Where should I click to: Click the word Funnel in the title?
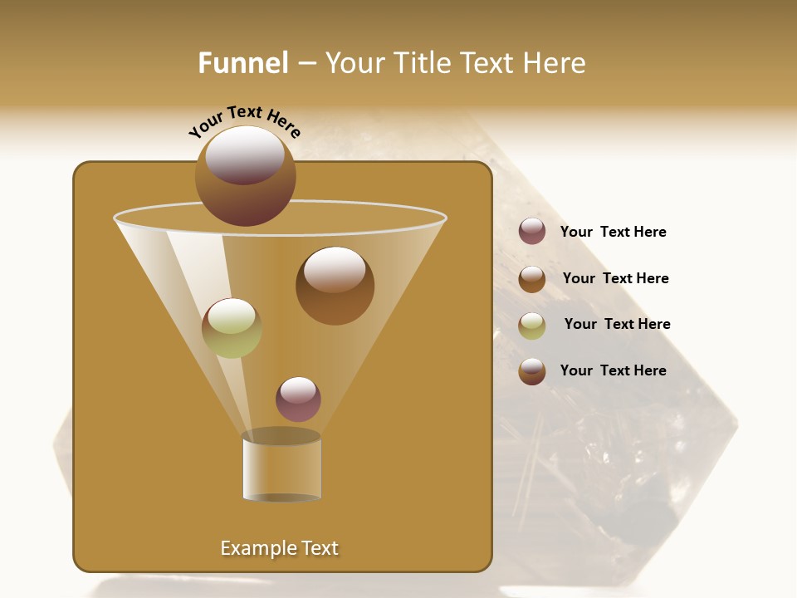tap(242, 63)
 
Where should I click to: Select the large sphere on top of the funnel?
tap(246, 175)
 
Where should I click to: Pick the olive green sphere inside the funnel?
tap(232, 328)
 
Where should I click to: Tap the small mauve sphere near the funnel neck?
tap(298, 399)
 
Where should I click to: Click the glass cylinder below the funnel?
tap(281, 469)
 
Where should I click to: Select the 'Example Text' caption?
tap(280, 548)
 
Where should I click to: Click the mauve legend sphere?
tap(532, 232)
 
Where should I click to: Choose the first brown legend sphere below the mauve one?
tap(532, 279)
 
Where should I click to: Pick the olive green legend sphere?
tap(532, 326)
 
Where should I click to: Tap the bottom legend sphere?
tap(532, 371)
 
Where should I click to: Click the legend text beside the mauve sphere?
tap(613, 233)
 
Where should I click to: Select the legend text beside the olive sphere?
tap(617, 325)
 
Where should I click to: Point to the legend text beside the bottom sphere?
tap(613, 370)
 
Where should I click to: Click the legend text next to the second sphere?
tap(615, 279)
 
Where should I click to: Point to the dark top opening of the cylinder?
tap(281, 436)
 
